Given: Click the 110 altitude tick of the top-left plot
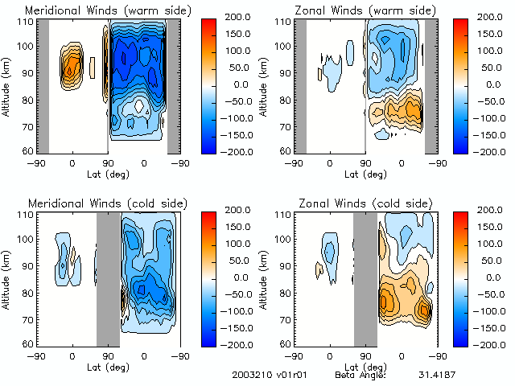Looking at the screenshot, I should pyautogui.click(x=26, y=22).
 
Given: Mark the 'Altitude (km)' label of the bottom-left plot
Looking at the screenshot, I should pyautogui.click(x=7, y=277).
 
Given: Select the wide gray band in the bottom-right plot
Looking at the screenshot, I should pyautogui.click(x=365, y=277).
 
